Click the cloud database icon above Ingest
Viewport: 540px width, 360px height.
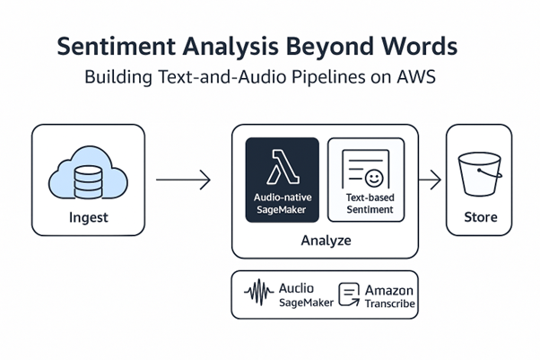click(x=88, y=177)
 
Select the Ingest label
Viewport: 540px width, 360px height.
click(x=88, y=218)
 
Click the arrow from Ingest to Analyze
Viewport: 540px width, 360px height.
click(x=183, y=180)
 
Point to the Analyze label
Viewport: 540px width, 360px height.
click(x=324, y=241)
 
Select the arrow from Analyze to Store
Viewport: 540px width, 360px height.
click(x=431, y=180)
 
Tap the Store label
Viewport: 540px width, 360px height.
click(x=479, y=218)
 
